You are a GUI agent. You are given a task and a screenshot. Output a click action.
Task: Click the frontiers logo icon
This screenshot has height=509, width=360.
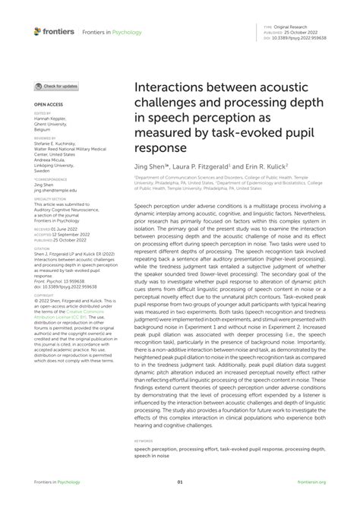pyautogui.click(x=37, y=31)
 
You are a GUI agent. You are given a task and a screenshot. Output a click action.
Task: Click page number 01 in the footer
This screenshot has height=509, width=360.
pyautogui.click(x=180, y=482)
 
